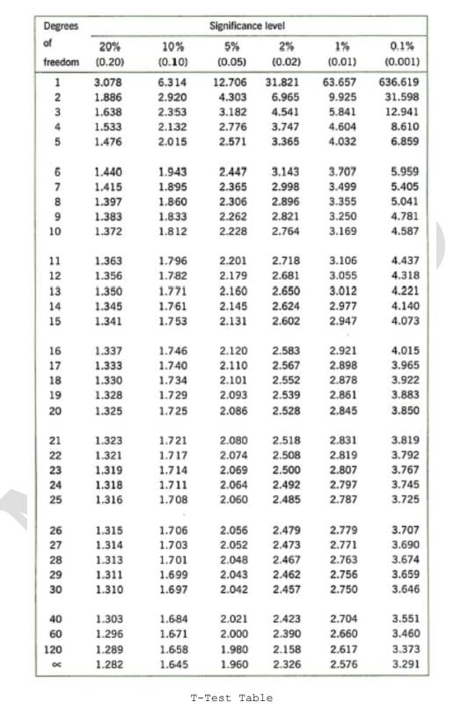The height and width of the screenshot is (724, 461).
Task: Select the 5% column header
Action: (x=232, y=45)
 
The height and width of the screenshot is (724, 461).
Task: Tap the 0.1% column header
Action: (x=400, y=45)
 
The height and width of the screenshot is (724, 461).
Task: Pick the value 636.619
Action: (x=400, y=81)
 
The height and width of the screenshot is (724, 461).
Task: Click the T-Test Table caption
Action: (x=230, y=698)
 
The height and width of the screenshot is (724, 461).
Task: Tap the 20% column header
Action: (x=109, y=45)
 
